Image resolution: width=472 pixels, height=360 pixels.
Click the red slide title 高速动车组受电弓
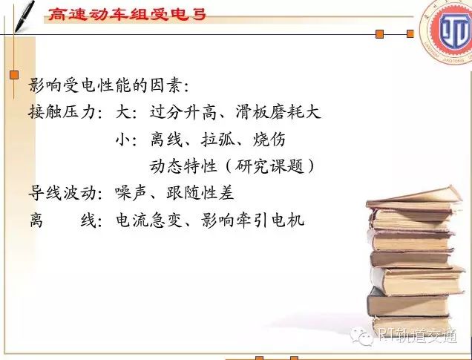pos(127,14)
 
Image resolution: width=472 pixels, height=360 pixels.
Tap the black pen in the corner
pos(24,16)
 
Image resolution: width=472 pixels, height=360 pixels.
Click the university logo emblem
pos(447,31)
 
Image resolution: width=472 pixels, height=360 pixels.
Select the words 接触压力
pos(62,112)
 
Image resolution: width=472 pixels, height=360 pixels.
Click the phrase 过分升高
pos(183,112)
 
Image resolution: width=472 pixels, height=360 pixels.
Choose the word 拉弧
pos(218,140)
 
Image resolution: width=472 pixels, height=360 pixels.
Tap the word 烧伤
pos(269,140)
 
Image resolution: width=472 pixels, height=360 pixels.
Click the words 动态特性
pos(183,166)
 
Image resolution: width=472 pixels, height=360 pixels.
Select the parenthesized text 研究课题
pos(269,166)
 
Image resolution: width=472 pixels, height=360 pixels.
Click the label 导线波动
pos(62,193)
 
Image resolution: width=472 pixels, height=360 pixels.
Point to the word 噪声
pos(131,193)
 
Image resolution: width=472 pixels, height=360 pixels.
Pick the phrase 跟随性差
pos(200,193)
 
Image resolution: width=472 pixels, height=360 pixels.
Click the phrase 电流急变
pos(150,220)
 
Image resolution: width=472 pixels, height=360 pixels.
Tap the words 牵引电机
pos(270,220)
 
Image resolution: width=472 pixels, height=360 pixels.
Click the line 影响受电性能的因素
pos(108,85)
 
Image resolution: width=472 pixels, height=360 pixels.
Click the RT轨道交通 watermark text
pos(418,335)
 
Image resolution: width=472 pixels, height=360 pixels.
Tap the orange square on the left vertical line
pos(14,75)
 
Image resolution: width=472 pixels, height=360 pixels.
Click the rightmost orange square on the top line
pos(410,33)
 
